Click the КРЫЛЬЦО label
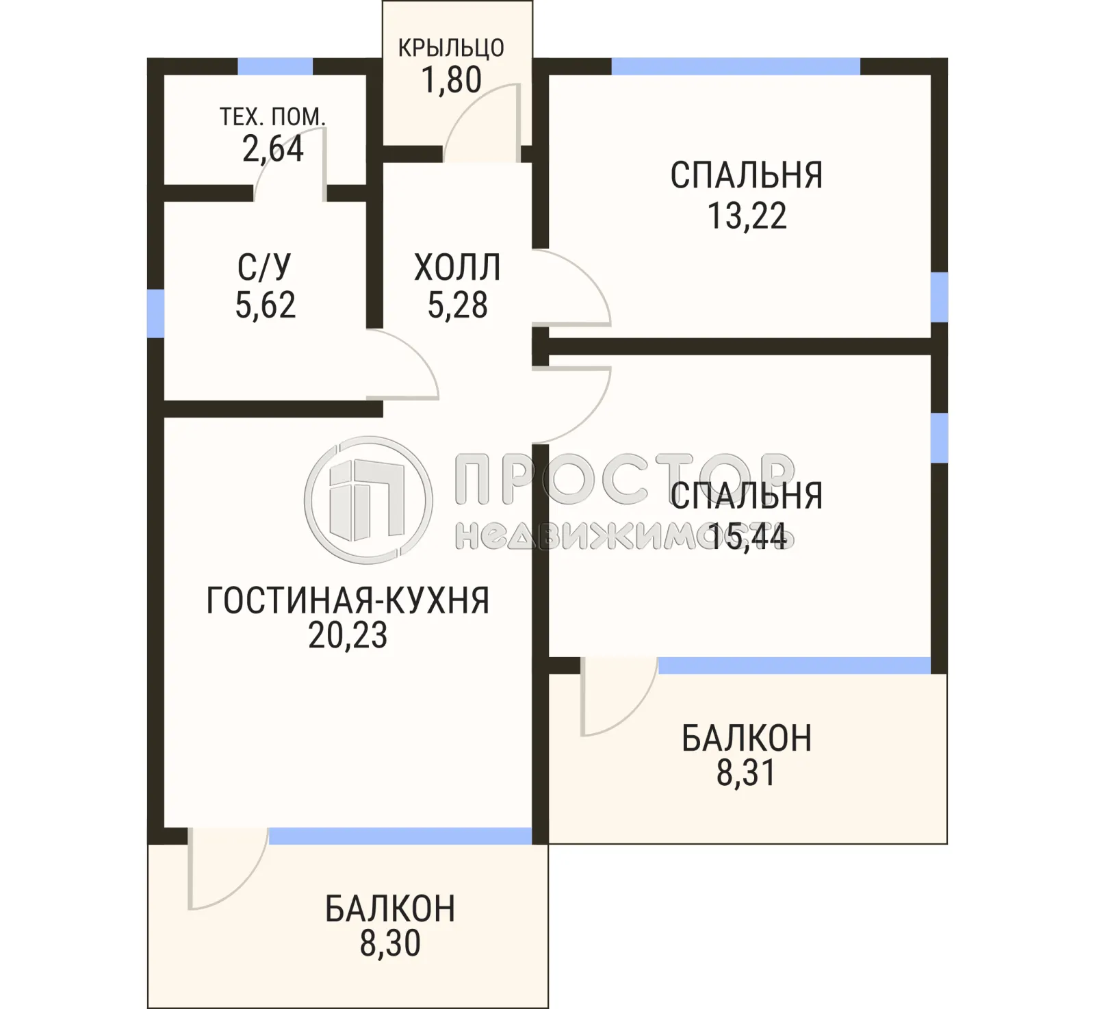coord(451,48)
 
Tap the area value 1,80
coord(451,80)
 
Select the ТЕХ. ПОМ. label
coord(272,117)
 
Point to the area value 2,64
coord(272,149)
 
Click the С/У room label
coord(264,267)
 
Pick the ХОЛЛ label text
coord(457,268)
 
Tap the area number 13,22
coord(747,216)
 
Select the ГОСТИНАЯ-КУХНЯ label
coord(348,601)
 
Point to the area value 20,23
coord(348,635)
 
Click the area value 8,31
coord(746,773)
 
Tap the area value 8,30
coord(390,943)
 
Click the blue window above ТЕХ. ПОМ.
coord(275,66)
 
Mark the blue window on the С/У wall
coord(156,314)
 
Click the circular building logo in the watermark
coord(368,500)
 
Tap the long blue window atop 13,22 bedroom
coord(736,66)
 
